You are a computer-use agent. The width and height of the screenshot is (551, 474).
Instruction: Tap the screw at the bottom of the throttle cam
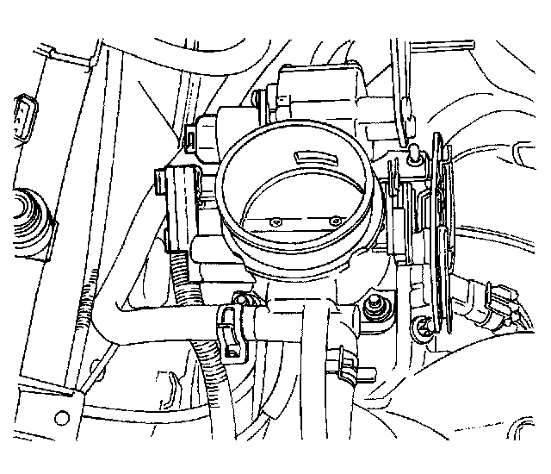421,326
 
